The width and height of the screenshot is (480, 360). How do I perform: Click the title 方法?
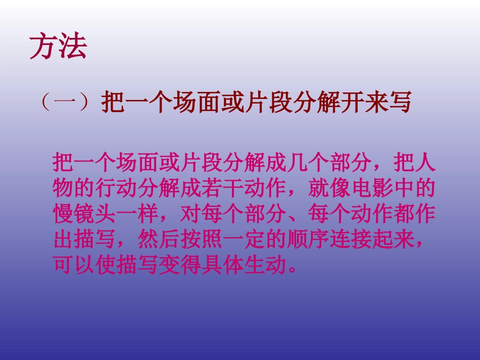[x=58, y=46]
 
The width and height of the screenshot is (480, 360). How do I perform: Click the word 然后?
[x=159, y=239]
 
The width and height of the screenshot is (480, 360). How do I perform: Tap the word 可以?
[x=73, y=265]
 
